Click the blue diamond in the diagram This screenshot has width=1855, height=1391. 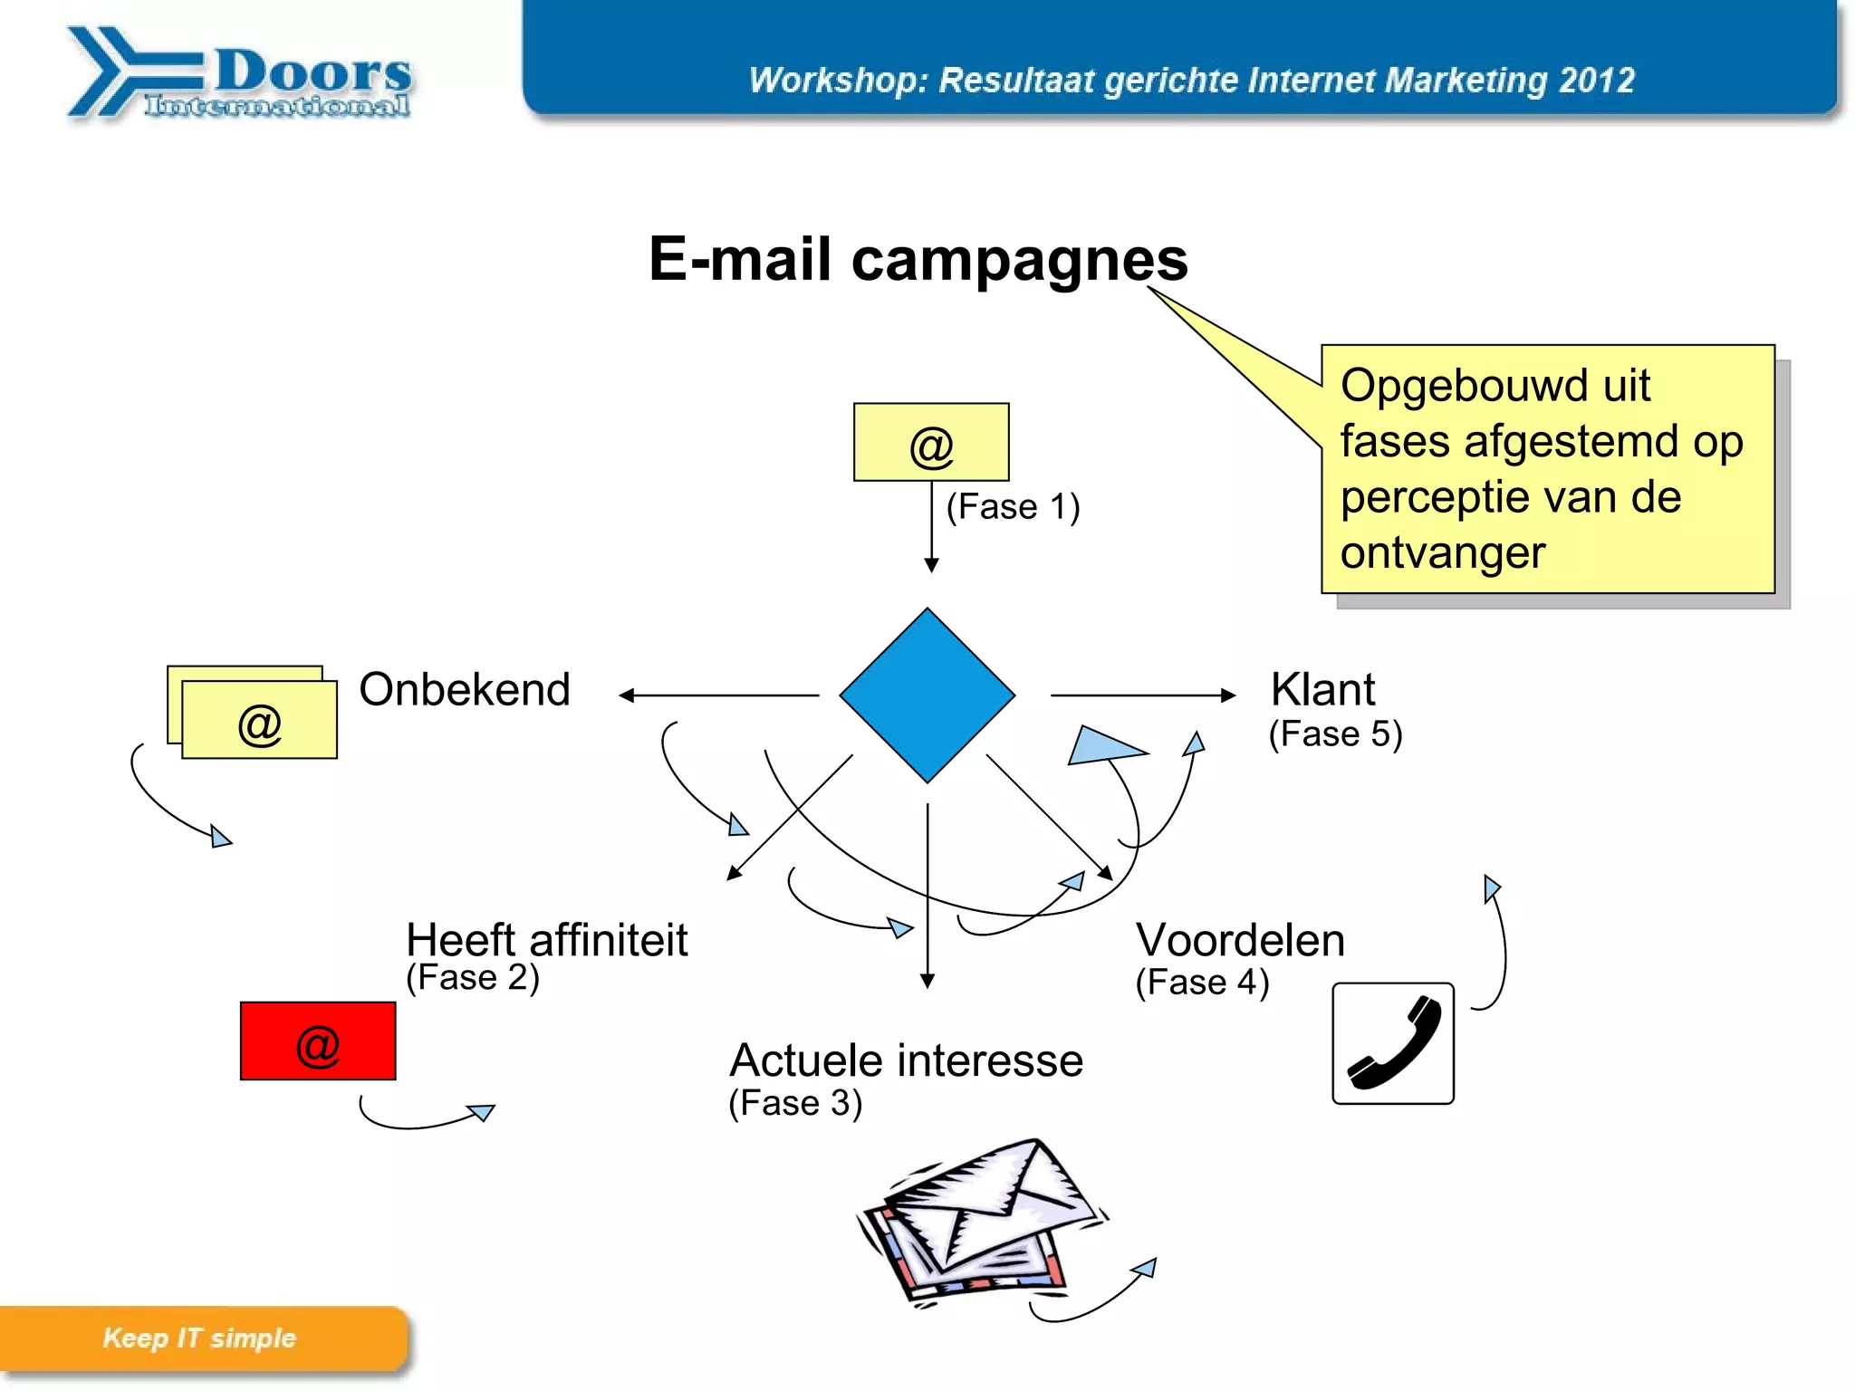[x=927, y=695]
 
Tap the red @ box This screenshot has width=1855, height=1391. [x=318, y=1041]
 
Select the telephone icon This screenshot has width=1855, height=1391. [x=1393, y=1043]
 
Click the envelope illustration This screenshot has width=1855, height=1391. [x=983, y=1218]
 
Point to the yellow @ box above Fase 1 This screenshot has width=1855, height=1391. [x=931, y=443]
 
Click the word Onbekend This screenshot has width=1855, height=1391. [x=465, y=690]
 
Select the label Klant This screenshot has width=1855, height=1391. [x=1322, y=690]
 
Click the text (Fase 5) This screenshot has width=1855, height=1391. [x=1335, y=734]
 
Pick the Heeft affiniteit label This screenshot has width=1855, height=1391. [x=546, y=940]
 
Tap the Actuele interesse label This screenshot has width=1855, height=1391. [x=906, y=1060]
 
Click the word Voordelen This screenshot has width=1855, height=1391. [x=1240, y=940]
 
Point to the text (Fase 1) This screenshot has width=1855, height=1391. [x=1013, y=507]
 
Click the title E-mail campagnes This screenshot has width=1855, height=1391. [x=918, y=260]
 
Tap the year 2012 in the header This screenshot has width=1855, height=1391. [x=1597, y=81]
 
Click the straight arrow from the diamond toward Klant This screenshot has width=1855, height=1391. [x=1142, y=695]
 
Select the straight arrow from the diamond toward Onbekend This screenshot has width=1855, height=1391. [x=719, y=695]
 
